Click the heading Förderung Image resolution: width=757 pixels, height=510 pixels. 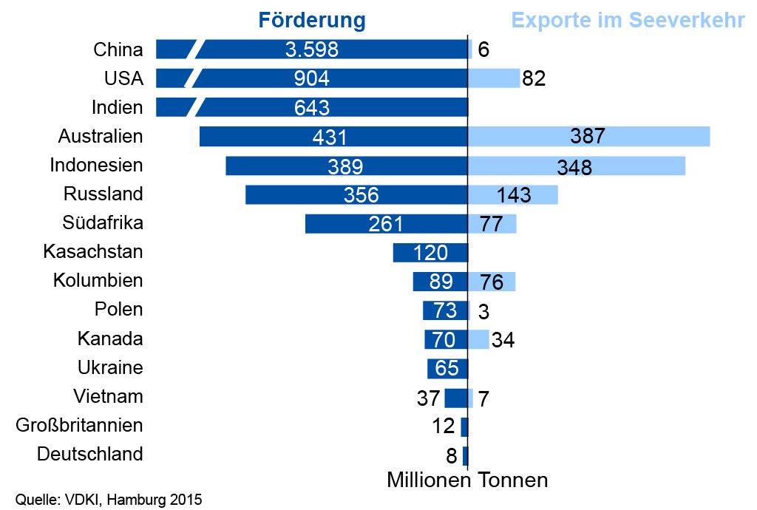pos(312,20)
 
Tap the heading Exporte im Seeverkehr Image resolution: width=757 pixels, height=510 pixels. pos(628,20)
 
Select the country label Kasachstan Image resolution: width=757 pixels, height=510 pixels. pos(93,251)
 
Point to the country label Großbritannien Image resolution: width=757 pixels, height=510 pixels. pos(79,425)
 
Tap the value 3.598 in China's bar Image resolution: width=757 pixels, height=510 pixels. pos(311,50)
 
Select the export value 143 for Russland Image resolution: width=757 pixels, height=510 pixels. pos(515,194)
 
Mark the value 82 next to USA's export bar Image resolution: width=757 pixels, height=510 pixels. pos(534,78)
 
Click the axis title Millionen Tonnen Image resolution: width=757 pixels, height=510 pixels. pos(467,480)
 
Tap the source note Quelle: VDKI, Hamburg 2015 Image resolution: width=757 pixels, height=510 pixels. pos(109,499)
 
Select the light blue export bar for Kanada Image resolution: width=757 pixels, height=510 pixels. pos(479,339)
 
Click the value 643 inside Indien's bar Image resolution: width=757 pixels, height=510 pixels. pos(311,107)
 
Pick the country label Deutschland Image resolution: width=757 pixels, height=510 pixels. pos(89,454)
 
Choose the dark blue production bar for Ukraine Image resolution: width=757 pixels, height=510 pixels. pos(447,368)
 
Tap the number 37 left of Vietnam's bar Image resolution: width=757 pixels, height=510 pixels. pos(429,398)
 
